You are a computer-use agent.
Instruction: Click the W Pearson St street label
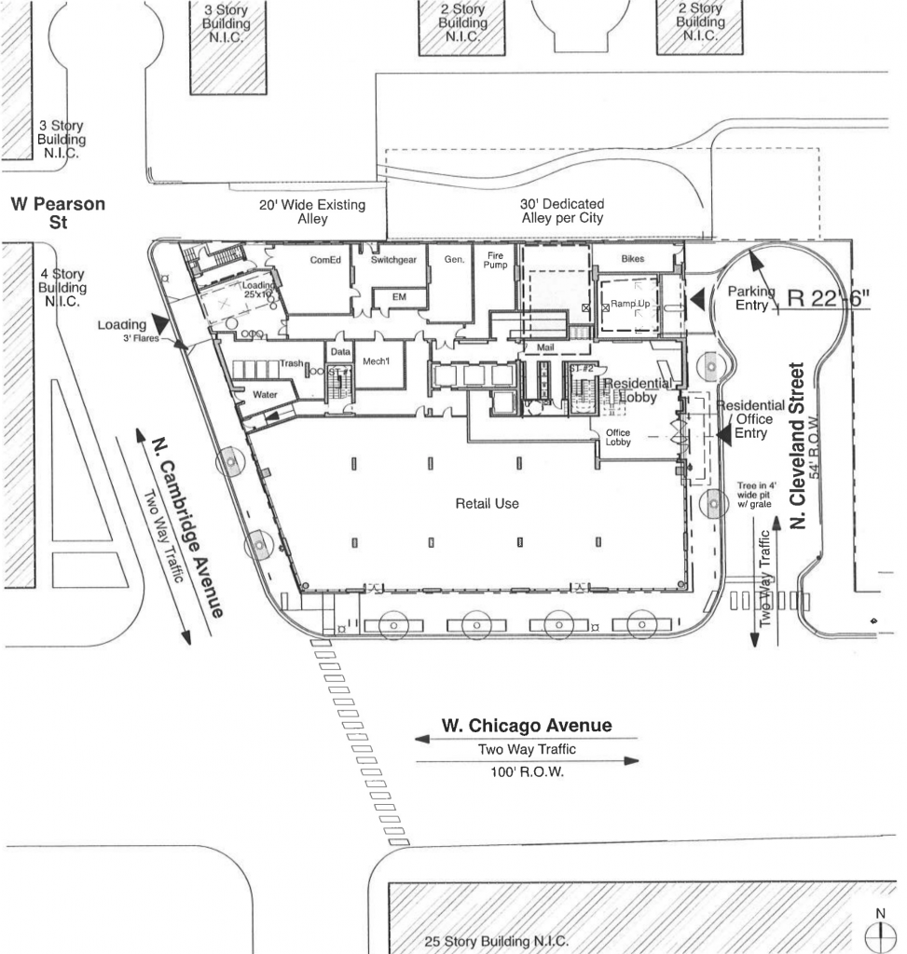pos(57,213)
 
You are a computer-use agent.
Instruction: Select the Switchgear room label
pos(392,261)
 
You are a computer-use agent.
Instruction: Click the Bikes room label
pos(633,258)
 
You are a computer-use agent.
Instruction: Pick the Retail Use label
pos(487,504)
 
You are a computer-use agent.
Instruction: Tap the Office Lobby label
pos(618,438)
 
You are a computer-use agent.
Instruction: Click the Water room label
pos(266,395)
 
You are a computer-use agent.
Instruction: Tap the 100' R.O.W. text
pos(527,773)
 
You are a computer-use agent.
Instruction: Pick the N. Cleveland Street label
pos(798,446)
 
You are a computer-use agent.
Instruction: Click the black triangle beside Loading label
pos(161,324)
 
